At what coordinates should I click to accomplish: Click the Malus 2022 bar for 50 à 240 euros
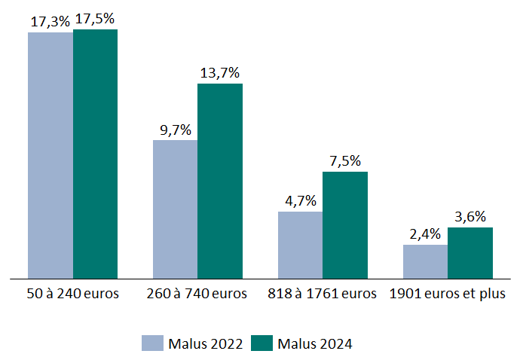(x=50, y=155)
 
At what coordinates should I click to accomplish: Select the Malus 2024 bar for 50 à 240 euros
(x=95, y=154)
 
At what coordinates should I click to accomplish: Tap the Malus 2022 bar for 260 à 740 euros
(x=175, y=209)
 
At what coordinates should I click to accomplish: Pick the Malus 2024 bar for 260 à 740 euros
(x=220, y=181)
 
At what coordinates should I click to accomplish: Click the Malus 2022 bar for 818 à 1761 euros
(x=300, y=245)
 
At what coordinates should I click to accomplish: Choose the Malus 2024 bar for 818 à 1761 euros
(x=345, y=224)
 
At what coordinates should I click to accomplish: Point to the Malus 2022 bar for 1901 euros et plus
(x=425, y=261)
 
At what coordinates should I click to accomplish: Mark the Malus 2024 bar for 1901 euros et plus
(x=470, y=252)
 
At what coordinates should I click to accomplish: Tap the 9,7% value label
(x=175, y=130)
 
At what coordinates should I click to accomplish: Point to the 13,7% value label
(x=220, y=73)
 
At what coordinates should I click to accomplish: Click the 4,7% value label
(x=300, y=201)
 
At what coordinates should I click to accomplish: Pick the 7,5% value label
(x=345, y=161)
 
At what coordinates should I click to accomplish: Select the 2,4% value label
(x=425, y=233)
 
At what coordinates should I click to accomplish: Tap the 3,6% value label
(x=470, y=217)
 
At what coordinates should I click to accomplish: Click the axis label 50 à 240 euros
(x=72, y=294)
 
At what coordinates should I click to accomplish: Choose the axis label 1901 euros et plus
(x=448, y=294)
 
